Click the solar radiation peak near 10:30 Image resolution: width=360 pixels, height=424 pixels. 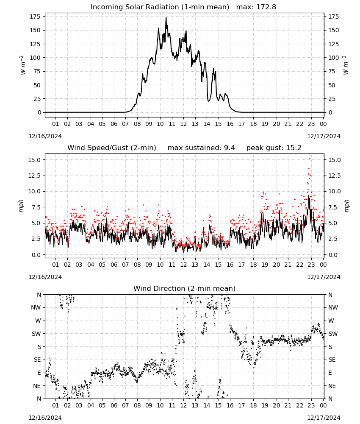point(166,18)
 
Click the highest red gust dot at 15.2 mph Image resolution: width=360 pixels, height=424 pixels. point(310,159)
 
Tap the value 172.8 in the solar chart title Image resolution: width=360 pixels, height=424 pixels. point(266,7)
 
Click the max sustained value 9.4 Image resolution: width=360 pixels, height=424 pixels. point(229,148)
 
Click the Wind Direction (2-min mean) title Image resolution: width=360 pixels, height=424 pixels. point(185,288)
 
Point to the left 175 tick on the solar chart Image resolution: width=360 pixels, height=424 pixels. point(35,17)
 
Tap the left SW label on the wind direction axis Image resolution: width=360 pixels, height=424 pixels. point(36,334)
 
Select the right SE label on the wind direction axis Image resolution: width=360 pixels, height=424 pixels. point(332,360)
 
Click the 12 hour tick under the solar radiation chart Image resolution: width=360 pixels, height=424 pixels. point(183,124)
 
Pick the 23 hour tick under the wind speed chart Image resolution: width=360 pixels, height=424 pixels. point(311,265)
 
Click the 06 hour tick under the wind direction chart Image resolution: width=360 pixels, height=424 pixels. point(114,405)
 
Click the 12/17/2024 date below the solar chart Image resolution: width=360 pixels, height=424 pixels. point(324,136)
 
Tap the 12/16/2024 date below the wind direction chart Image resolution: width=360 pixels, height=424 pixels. point(45,418)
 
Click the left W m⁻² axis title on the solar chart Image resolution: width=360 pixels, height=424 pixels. point(23,65)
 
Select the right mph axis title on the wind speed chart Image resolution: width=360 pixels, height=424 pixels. point(346,206)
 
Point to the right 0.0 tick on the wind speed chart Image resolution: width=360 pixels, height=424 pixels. point(333,255)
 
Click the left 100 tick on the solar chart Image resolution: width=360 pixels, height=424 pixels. point(35,58)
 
